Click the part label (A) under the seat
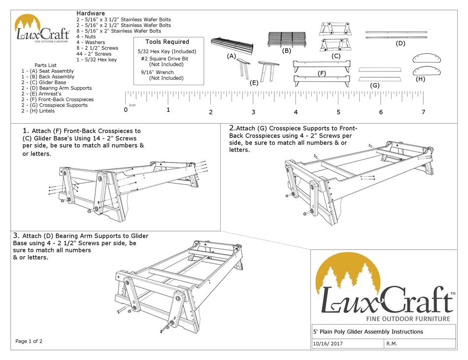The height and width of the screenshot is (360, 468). [x=232, y=56]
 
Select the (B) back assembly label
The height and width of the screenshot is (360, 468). [x=287, y=51]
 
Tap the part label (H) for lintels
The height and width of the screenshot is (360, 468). [x=420, y=79]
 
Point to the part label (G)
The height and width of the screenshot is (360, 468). [x=375, y=86]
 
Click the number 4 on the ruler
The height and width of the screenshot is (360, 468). [x=296, y=112]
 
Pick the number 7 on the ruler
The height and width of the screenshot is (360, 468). [x=423, y=112]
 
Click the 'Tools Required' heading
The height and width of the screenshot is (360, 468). [x=167, y=42]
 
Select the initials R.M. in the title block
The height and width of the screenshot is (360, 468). [x=393, y=343]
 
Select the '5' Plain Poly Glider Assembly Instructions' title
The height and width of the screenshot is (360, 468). [x=368, y=331]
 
